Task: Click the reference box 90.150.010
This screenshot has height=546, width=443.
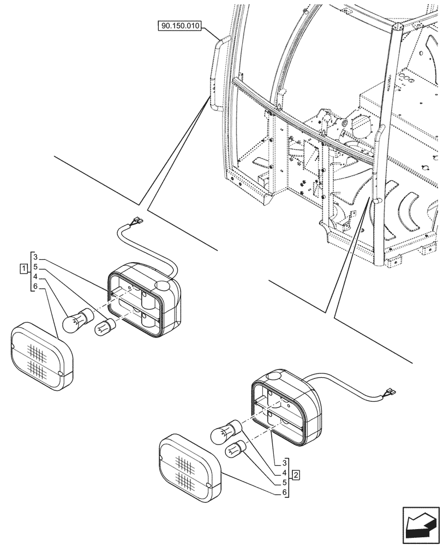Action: coord(179,26)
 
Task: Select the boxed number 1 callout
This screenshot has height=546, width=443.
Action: coord(23,268)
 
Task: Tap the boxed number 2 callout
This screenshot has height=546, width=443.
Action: coord(295,474)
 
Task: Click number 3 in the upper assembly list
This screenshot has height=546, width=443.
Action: coord(35,257)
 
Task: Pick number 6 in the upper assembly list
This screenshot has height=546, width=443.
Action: coord(35,287)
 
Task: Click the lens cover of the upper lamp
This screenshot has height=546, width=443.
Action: coord(41,357)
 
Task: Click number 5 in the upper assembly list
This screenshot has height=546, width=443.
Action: coord(35,267)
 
